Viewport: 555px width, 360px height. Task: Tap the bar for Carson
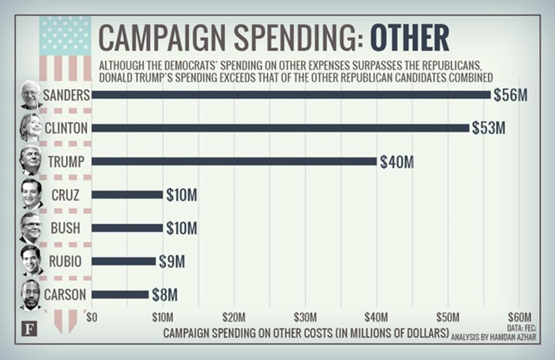click(120, 295)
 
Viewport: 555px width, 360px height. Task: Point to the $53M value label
click(489, 128)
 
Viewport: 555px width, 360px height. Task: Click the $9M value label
click(172, 262)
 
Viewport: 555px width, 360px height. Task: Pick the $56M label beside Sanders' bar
click(510, 95)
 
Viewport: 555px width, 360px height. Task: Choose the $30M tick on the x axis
click(305, 317)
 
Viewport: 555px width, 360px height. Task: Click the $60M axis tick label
click(519, 317)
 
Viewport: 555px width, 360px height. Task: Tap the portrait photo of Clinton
click(31, 127)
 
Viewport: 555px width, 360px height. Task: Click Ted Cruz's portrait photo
click(32, 195)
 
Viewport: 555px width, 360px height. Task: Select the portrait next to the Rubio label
click(32, 261)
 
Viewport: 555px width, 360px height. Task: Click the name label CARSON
click(65, 295)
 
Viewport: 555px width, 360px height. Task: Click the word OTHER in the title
click(409, 39)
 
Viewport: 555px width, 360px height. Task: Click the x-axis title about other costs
click(306, 333)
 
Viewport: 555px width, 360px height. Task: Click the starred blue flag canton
click(65, 35)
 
